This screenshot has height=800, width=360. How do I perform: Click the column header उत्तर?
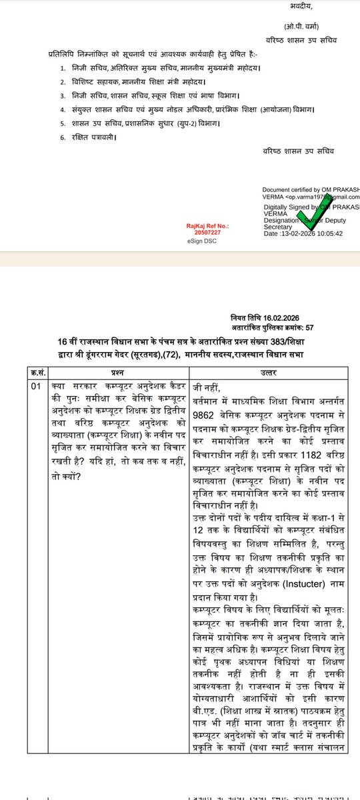pos(267,368)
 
